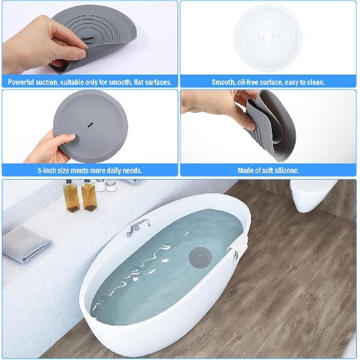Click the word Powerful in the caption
(22, 82)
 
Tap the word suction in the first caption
(53, 82)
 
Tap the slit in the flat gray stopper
(89, 123)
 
